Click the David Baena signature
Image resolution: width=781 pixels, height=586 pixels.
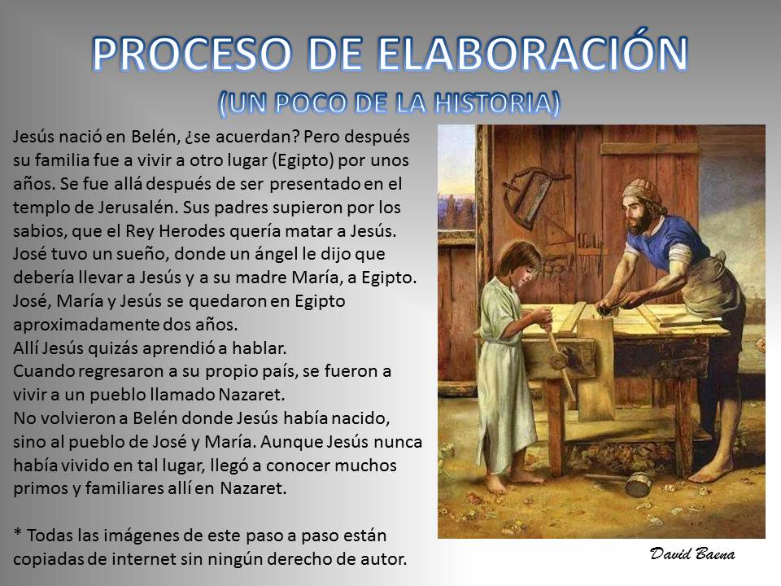coord(692,554)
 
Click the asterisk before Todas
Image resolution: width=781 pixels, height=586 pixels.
coord(18,533)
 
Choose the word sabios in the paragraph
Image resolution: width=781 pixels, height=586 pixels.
coord(39,231)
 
